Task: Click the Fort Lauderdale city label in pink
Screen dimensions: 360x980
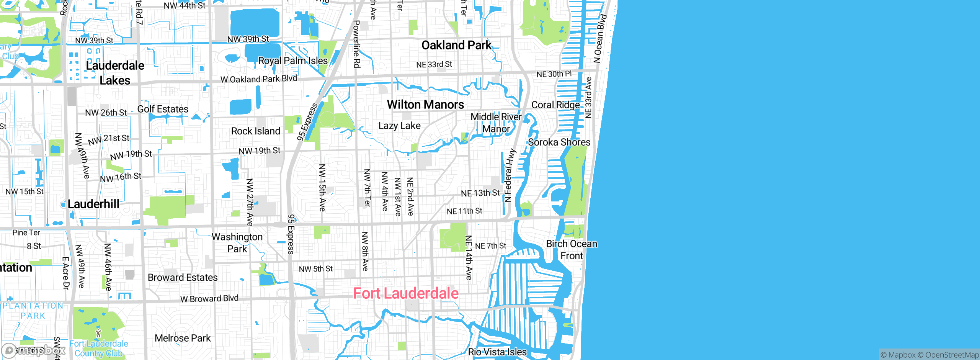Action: [406, 293]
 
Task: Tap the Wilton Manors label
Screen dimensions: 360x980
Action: [425, 105]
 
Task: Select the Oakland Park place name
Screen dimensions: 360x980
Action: [456, 45]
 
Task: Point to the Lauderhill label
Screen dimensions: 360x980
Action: [93, 204]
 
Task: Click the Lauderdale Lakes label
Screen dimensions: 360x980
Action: [115, 73]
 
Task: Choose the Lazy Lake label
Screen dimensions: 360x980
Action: [399, 126]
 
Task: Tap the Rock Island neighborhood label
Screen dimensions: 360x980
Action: [256, 131]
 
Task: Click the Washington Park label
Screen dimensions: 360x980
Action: [237, 243]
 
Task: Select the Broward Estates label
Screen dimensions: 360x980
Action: [183, 277]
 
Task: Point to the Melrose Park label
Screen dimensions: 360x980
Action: [183, 338]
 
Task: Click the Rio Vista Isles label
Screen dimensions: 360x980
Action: [497, 352]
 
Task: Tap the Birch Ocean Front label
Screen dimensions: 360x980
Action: [572, 250]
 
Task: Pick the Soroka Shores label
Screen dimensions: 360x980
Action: [559, 142]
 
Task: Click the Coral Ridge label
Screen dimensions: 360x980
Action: [555, 105]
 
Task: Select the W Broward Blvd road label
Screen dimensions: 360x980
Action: [209, 298]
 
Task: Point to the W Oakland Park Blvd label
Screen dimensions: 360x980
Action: [259, 79]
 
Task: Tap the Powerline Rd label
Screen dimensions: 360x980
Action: [356, 44]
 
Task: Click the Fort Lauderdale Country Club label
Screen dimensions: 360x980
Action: [99, 349]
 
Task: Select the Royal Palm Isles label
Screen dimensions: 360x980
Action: [293, 61]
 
